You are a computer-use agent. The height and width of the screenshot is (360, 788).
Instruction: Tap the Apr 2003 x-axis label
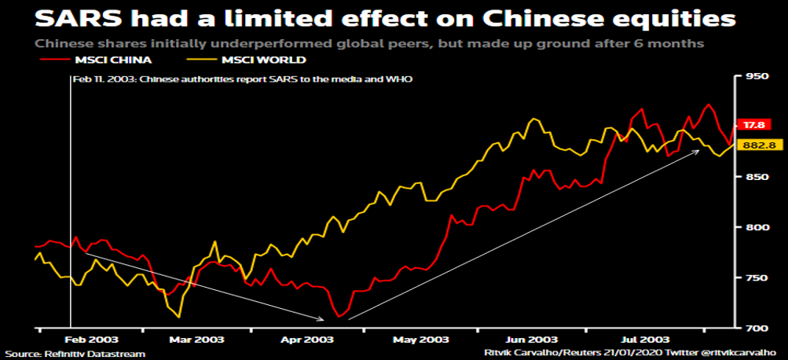(x=302, y=340)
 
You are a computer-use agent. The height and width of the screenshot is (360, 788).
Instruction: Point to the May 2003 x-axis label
(x=416, y=340)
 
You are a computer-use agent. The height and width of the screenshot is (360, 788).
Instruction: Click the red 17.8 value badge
(x=755, y=125)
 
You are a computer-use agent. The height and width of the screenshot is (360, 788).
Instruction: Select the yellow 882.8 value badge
(x=758, y=145)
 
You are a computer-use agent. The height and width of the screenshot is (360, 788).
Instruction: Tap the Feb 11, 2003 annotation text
(x=241, y=80)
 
